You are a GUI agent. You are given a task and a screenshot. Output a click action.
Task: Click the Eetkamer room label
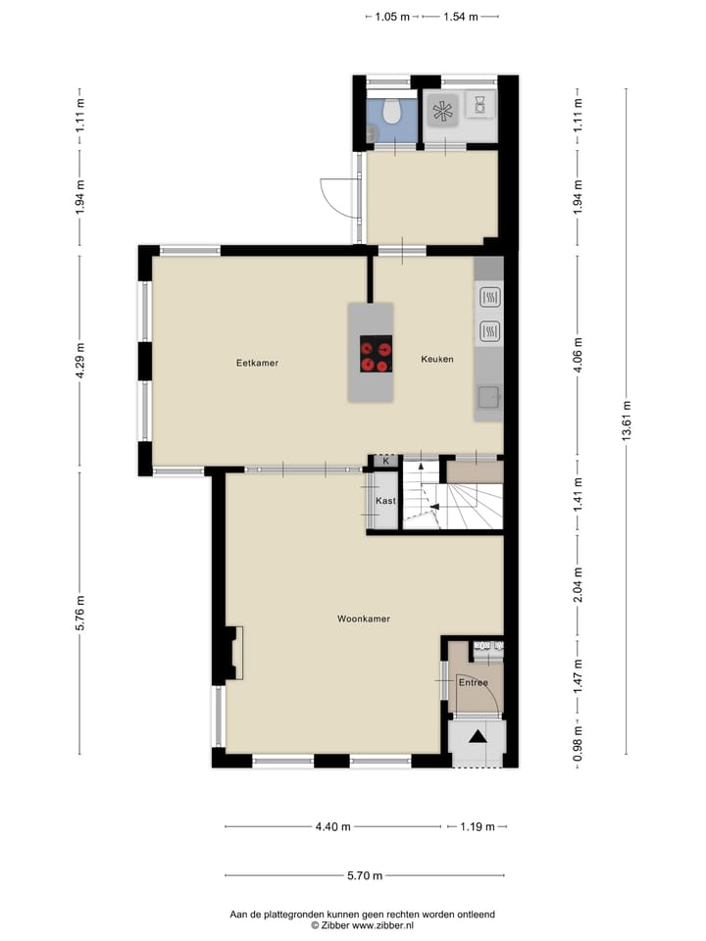(x=257, y=363)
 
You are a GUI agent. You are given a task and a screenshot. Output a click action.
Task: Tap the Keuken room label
(x=437, y=360)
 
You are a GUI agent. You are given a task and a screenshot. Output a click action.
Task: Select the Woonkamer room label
(x=364, y=619)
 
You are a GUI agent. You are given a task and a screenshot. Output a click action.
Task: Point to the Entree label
(x=474, y=682)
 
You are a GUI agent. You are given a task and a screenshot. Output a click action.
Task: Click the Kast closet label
(x=386, y=501)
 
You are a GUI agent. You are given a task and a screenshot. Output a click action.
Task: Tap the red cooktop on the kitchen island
(x=375, y=354)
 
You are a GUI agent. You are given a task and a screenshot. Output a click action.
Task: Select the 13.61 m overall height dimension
(x=626, y=421)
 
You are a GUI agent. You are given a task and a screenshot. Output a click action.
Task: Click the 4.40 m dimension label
(x=333, y=827)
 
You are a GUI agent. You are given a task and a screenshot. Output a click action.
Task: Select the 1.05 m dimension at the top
(x=392, y=17)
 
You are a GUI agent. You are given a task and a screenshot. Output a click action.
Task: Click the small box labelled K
(x=386, y=461)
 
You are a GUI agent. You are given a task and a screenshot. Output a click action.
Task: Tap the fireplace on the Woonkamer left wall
(x=233, y=654)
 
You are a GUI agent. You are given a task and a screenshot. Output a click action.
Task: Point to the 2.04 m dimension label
(x=578, y=583)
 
